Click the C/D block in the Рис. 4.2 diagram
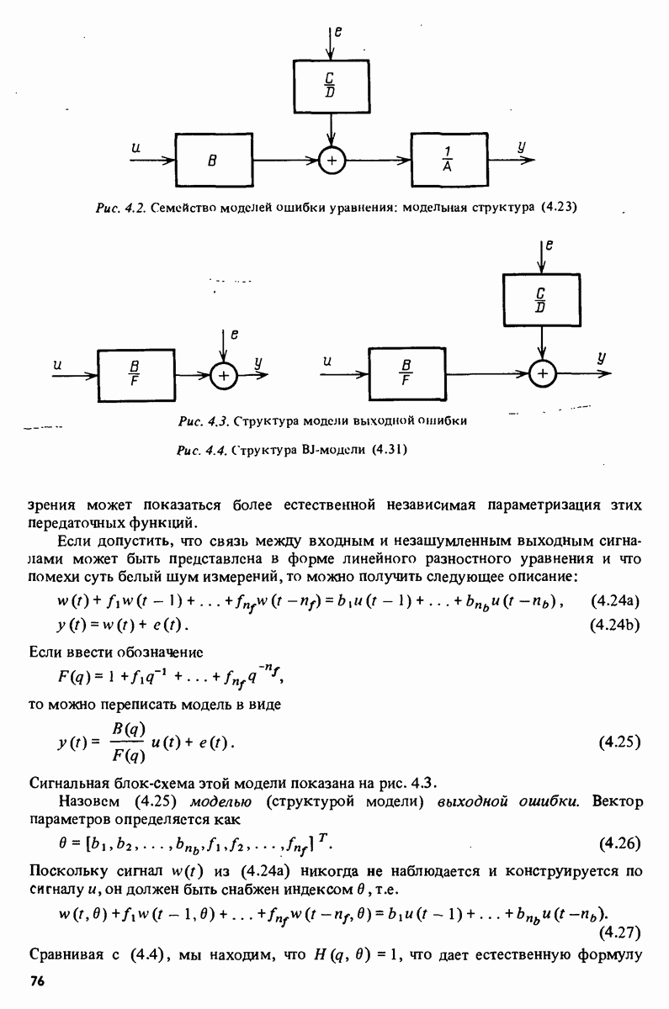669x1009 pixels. click(x=333, y=85)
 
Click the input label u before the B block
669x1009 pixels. click(x=135, y=149)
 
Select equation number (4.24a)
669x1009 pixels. click(x=621, y=600)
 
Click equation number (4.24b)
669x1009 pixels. click(x=621, y=626)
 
